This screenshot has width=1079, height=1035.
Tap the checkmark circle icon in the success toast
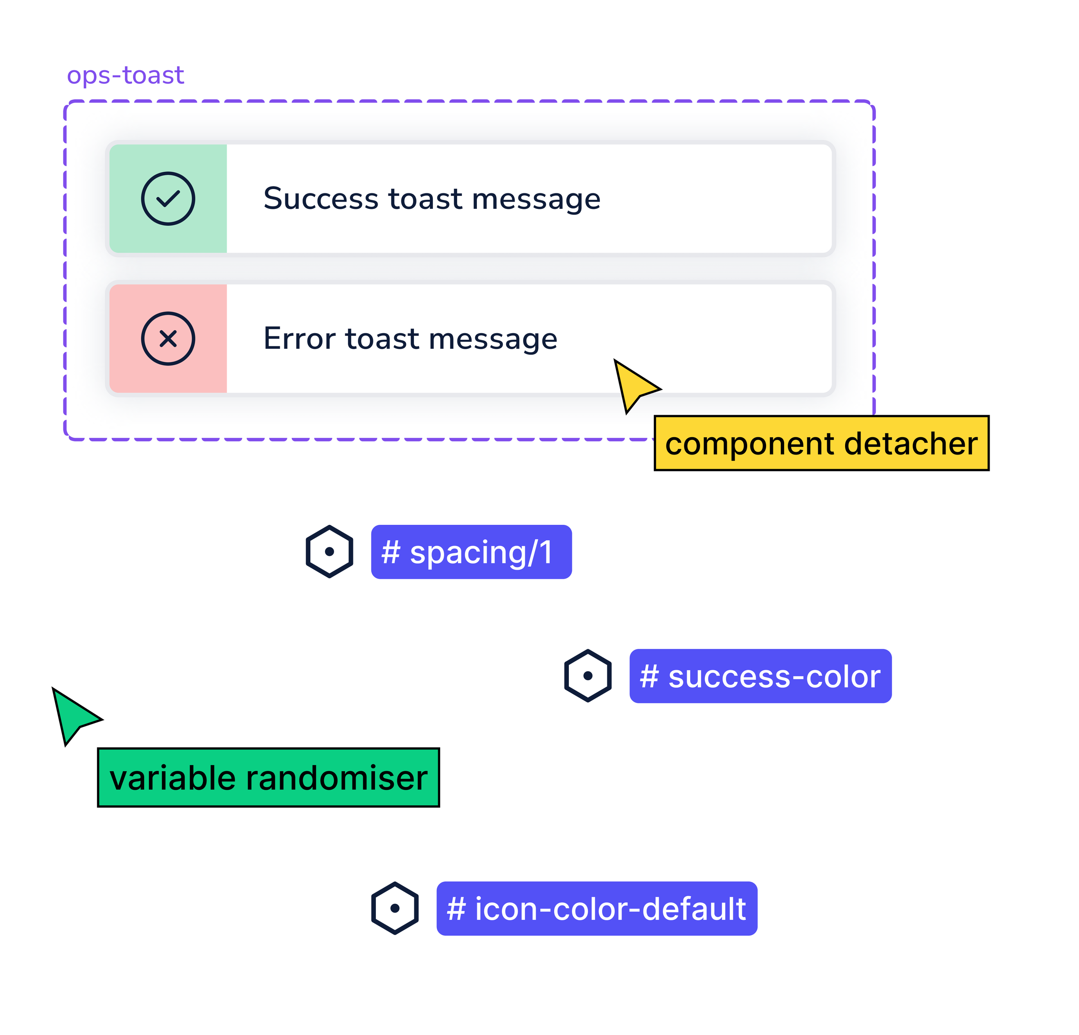click(168, 199)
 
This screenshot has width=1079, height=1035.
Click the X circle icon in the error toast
click(168, 338)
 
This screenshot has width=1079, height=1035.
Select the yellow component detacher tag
click(821, 443)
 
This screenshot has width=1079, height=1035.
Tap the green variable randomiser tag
click(268, 777)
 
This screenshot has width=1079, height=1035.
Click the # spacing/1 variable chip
click(471, 552)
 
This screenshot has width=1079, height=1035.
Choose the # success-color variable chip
click(760, 676)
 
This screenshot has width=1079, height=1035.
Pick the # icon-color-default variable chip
click(597, 909)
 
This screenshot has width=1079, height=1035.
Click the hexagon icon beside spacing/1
click(329, 551)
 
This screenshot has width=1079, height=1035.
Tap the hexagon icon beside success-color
click(588, 675)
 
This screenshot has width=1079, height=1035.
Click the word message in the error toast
click(493, 339)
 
